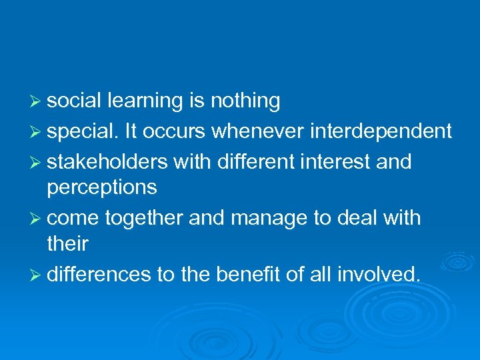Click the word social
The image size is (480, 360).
[74, 101]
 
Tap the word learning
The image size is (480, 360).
[145, 101]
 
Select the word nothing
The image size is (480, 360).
[245, 101]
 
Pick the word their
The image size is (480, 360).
[68, 244]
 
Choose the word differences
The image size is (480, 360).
[99, 274]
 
